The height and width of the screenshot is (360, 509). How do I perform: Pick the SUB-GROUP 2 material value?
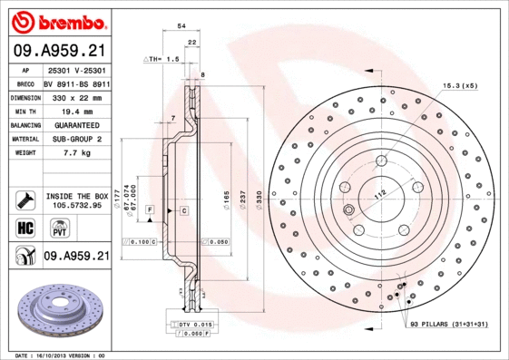coord(75,139)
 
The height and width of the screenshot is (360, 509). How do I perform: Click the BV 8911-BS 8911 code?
coord(75,83)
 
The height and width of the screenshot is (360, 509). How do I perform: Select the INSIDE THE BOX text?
coord(76,195)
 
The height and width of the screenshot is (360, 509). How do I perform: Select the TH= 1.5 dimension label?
coord(163,58)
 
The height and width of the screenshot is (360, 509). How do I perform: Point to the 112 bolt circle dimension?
coord(379,192)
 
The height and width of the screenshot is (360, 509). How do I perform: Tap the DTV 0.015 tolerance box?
coord(193,324)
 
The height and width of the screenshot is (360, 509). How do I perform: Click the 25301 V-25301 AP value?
coord(75,69)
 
